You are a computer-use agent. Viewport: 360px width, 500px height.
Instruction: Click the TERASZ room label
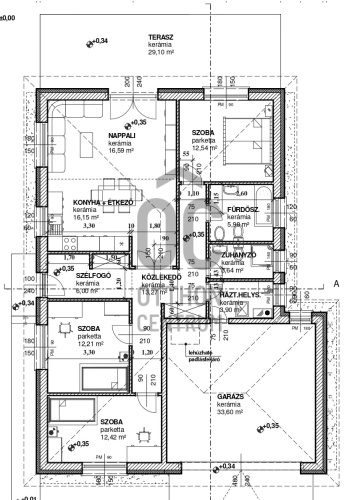coord(163,36)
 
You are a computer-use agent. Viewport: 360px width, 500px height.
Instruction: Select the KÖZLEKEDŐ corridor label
coord(159,276)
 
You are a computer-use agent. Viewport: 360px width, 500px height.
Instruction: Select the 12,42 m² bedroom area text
coord(112,437)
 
